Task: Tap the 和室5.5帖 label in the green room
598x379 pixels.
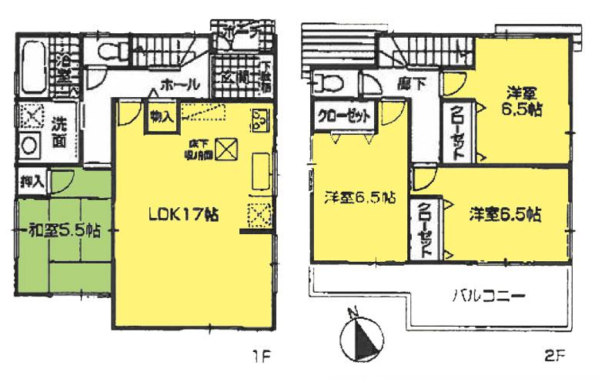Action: click(x=63, y=229)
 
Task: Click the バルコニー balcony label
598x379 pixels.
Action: click(x=487, y=294)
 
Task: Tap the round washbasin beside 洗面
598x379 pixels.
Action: click(x=30, y=145)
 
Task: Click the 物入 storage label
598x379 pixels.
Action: click(x=161, y=117)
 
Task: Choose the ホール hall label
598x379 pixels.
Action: click(x=180, y=84)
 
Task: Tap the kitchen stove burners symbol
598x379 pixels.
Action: click(x=259, y=120)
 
